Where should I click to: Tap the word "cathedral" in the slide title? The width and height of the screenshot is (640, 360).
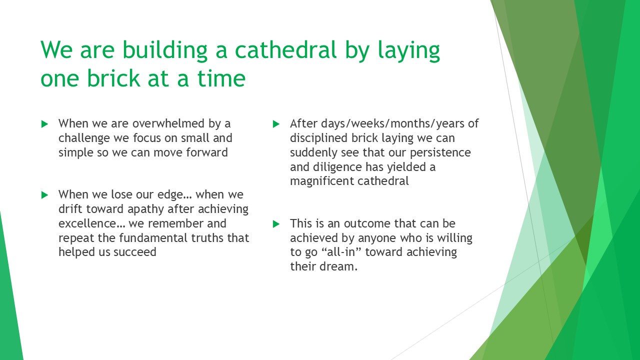[285, 49]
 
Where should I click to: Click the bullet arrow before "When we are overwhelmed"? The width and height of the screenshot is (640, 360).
[44, 124]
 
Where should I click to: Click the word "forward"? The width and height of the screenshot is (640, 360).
[207, 152]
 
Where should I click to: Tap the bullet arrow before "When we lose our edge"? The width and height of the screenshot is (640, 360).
[44, 195]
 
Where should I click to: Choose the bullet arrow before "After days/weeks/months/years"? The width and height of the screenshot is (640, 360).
[276, 124]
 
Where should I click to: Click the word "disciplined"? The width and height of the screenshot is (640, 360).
[319, 138]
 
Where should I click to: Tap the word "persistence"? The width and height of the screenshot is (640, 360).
[440, 153]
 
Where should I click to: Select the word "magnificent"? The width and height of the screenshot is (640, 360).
[321, 181]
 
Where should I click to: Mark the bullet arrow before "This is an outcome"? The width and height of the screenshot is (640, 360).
[276, 224]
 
